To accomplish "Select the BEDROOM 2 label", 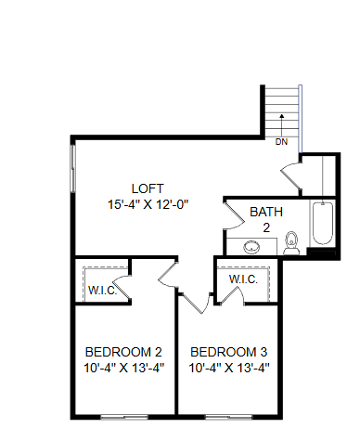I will point(123,353).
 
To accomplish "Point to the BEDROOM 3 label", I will point(229,353).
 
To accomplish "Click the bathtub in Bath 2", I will point(321,224).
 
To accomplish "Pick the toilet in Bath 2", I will point(291,243).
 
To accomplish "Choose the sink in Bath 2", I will point(251,248).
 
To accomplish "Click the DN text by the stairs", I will point(281,142).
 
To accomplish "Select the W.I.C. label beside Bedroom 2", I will point(101,290).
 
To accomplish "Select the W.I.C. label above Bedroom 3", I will point(243,279).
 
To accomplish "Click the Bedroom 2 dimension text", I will point(123,369).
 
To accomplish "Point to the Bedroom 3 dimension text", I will point(229,369).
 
